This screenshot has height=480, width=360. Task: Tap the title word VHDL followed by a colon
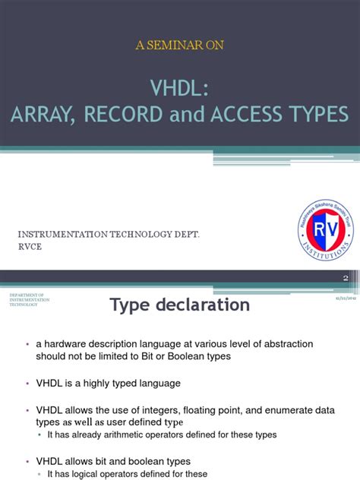coord(180,89)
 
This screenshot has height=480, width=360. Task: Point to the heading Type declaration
coord(179,305)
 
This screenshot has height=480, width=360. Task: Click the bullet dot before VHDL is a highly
coord(27,384)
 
